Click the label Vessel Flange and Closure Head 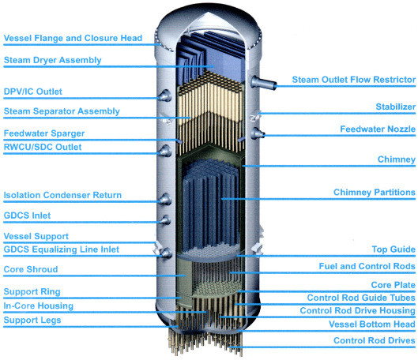[x=73, y=38]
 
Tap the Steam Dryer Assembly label [x=52, y=60]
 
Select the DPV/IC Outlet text [x=32, y=92]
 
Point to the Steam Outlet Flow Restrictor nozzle [x=263, y=82]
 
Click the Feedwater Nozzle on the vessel [x=258, y=133]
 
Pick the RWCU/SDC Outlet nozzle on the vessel [x=165, y=151]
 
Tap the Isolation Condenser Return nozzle [x=165, y=199]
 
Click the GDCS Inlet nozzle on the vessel [x=165, y=220]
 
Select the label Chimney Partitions [x=375, y=193]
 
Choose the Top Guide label [x=394, y=249]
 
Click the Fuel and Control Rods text [x=367, y=266]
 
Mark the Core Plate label [x=394, y=285]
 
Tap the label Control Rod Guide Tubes [x=361, y=298]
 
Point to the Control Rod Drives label [x=375, y=340]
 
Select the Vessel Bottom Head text [x=372, y=324]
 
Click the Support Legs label [x=32, y=320]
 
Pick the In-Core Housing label [x=39, y=306]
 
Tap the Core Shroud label [x=31, y=269]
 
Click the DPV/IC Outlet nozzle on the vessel [x=165, y=96]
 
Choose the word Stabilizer [x=396, y=107]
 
